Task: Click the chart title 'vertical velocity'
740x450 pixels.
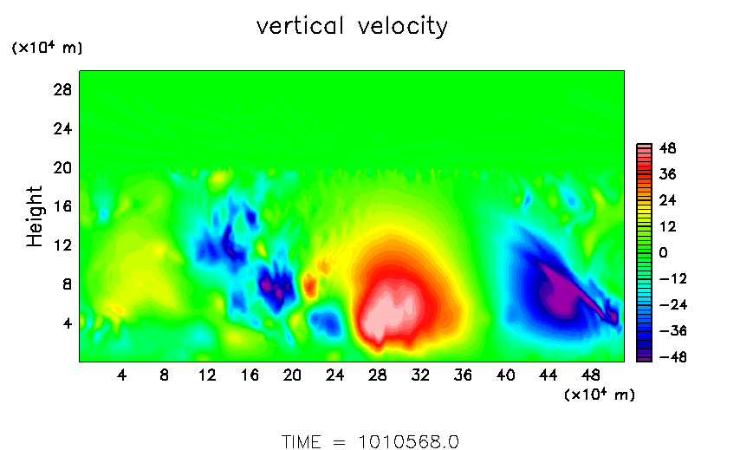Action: click(352, 26)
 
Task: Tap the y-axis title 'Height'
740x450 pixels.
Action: click(35, 216)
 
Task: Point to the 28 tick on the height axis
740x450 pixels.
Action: click(62, 89)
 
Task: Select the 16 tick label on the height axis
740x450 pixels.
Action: click(62, 206)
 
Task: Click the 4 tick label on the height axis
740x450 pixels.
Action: click(68, 323)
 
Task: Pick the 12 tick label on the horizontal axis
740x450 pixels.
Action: click(207, 375)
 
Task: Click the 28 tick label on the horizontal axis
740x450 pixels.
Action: click(378, 375)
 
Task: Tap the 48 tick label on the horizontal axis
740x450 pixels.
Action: click(590, 375)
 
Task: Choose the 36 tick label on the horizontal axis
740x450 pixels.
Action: click(463, 375)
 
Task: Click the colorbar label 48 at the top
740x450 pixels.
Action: click(668, 149)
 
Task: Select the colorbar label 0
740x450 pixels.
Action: click(664, 252)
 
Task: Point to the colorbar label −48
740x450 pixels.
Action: click(673, 357)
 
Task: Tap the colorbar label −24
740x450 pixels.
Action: click(673, 305)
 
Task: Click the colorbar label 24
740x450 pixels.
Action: click(668, 200)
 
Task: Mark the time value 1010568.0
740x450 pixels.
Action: click(409, 442)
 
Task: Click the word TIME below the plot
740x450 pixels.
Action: click(301, 442)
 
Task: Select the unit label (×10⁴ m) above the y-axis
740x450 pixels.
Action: click(47, 48)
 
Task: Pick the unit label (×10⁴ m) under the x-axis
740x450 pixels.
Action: click(600, 395)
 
